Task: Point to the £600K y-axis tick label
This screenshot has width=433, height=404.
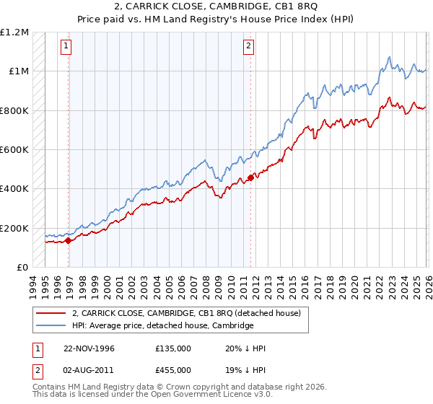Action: pos(14,150)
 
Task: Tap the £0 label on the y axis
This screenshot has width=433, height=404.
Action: pos(22,268)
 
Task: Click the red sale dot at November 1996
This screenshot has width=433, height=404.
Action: pos(69,241)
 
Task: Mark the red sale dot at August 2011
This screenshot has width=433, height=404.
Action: pos(250,177)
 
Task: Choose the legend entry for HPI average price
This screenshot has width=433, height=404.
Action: pos(163,325)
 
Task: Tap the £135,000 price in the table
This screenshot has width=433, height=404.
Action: pos(172,348)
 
